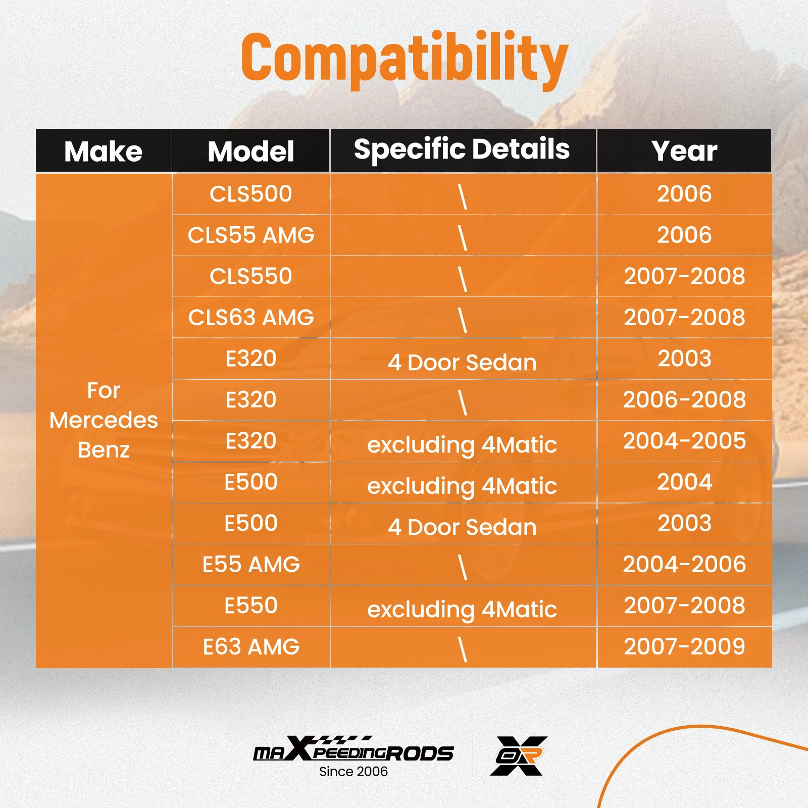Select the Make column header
coord(104,151)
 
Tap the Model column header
coord(251,151)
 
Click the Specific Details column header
coord(462,150)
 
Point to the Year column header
coord(684,150)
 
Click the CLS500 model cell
coord(251,194)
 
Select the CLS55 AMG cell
coord(251,235)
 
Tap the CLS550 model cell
coord(251,276)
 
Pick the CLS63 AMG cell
coord(251,318)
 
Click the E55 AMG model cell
coord(251,565)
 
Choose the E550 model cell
coord(251,605)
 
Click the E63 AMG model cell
coord(251,647)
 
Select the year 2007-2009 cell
coord(684,646)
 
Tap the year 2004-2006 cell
coord(684,564)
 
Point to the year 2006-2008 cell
coord(684,399)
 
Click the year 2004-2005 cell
coord(684,441)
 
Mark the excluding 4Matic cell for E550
coord(462,609)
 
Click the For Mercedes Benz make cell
coord(104,420)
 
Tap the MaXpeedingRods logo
coord(353,749)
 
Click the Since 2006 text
coord(353,772)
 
